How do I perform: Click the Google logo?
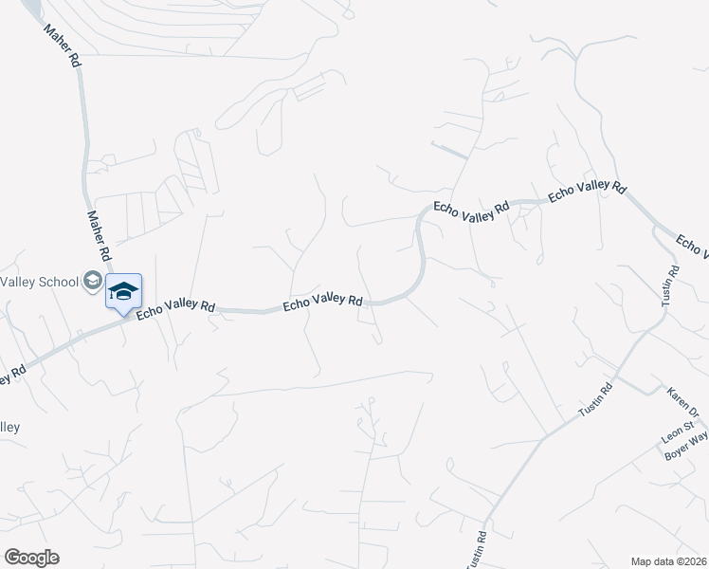(31, 558)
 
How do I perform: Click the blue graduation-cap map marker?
(123, 290)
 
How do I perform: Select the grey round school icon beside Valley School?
(93, 279)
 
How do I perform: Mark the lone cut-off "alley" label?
(9, 427)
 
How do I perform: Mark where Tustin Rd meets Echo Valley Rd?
(657, 229)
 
